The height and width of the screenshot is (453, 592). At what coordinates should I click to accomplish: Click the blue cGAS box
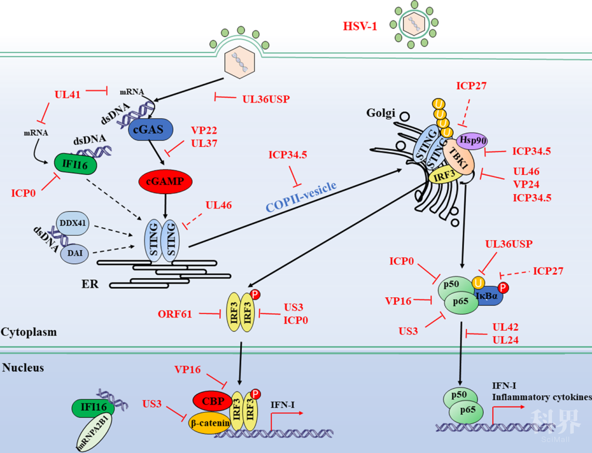click(151, 130)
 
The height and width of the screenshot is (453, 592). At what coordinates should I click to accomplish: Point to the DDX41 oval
click(72, 224)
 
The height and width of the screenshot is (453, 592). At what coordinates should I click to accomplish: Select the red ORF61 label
click(175, 314)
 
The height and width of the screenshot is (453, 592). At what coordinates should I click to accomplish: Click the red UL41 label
click(67, 94)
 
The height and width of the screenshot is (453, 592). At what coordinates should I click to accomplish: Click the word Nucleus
click(23, 367)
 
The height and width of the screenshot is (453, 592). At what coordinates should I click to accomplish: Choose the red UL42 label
click(505, 327)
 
